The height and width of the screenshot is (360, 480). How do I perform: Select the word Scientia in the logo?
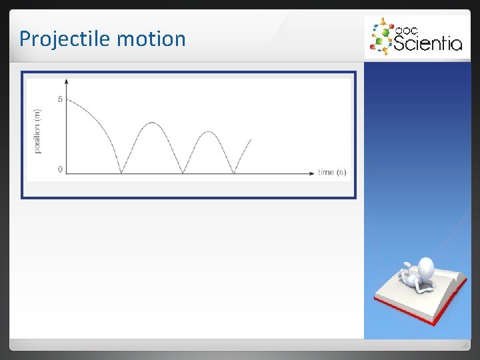tap(427, 44)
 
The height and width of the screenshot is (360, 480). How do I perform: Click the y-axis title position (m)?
tap(37, 131)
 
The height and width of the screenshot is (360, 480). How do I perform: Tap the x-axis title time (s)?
tap(332, 172)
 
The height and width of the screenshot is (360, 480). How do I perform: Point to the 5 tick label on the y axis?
tap(60, 100)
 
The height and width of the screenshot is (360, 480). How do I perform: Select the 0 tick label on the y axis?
tap(60, 169)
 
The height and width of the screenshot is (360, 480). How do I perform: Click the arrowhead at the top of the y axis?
tap(67, 81)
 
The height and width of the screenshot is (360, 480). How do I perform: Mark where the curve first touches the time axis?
tap(121, 173)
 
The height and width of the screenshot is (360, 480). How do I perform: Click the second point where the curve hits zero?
tap(183, 173)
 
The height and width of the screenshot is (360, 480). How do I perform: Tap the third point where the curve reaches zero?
tap(233, 173)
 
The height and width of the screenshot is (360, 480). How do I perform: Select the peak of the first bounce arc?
tap(152, 123)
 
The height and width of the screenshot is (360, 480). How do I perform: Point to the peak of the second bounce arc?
tap(209, 132)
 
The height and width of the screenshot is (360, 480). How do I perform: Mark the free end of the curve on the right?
tap(251, 139)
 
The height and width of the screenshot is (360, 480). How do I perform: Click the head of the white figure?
tap(424, 268)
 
